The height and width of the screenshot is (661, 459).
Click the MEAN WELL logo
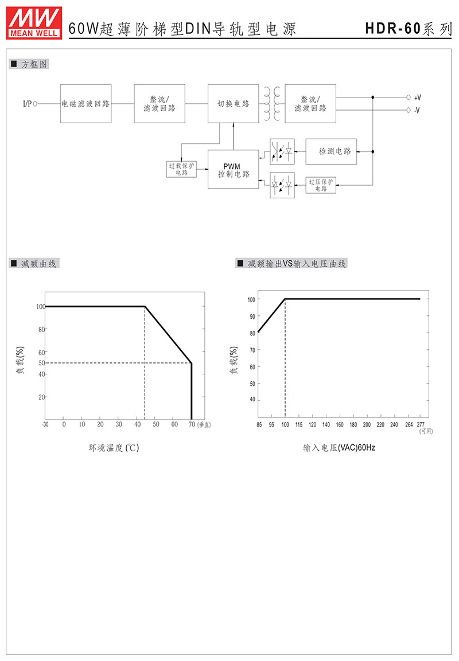34,23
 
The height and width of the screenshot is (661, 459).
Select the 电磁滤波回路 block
85,104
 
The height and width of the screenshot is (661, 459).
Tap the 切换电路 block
234,104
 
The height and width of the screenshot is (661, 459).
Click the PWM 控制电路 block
234,170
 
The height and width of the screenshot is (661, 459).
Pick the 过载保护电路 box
181,169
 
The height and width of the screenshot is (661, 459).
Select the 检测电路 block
331,151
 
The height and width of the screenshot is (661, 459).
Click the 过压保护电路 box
321,185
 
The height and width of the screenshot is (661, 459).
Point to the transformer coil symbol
272,104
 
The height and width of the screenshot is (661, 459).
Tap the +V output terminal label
417,98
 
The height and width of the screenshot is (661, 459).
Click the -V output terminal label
417,111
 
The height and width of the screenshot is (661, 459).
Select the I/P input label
27,104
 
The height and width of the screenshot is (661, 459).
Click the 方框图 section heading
34,64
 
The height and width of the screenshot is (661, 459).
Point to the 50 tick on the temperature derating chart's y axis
41,363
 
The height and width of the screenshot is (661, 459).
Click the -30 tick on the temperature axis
45,424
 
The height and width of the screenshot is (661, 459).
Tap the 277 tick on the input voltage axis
421,424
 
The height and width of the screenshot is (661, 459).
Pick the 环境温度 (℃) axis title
114,448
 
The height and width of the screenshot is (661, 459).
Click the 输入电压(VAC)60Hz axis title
339,448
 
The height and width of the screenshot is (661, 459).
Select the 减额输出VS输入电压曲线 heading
297,264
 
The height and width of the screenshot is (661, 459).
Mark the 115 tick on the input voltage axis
299,424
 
